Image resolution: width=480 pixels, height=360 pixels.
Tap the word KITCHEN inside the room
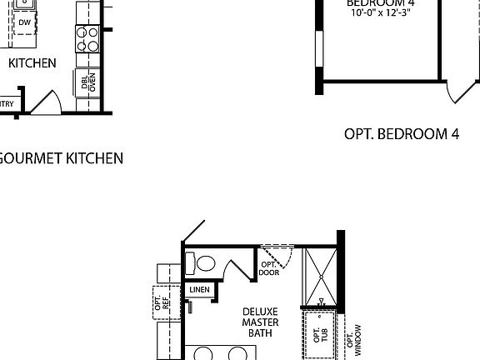coord(32,62)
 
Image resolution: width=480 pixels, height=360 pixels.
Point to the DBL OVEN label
coord(87,82)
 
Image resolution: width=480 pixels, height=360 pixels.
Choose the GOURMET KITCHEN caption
coord(60,157)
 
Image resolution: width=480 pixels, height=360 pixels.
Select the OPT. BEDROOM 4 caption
coord(402,133)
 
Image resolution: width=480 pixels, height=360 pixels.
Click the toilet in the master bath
coord(202,263)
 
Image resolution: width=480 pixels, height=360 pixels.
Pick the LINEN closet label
coord(200,290)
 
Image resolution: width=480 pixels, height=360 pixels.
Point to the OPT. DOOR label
coord(268,268)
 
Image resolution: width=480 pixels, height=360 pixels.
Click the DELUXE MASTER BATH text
coord(260,321)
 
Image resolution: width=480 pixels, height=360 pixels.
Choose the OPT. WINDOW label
coord(357,340)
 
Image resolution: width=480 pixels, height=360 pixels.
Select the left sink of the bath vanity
coord(203,354)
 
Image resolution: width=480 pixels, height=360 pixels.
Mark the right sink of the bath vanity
coord(231,354)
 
